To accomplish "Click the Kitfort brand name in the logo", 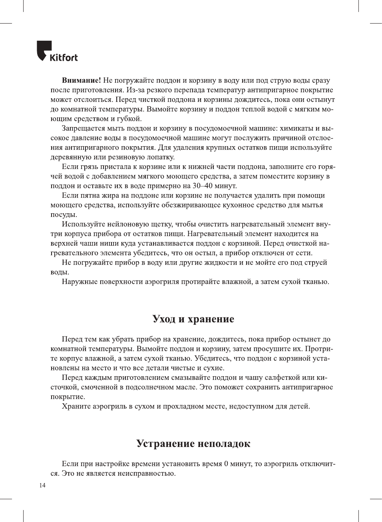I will (x=64, y=58).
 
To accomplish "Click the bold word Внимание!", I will (x=81, y=80).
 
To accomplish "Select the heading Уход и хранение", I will (x=193, y=319).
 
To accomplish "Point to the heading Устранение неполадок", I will (x=193, y=443).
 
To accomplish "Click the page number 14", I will (x=42, y=485).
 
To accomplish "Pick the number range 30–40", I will (x=203, y=186).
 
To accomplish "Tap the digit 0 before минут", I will (x=226, y=464).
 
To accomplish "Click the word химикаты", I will (x=296, y=128).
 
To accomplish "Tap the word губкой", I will (x=129, y=119).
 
